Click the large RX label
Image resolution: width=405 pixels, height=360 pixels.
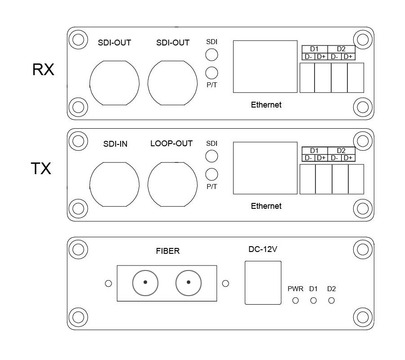click(x=43, y=70)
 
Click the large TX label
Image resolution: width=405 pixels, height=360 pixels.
click(x=41, y=169)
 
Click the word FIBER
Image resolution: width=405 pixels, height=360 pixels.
click(x=167, y=251)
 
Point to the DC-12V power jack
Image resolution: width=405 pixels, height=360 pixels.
click(x=262, y=283)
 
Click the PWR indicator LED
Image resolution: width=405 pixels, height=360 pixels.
click(x=296, y=300)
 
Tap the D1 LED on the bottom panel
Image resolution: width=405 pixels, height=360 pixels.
click(x=314, y=300)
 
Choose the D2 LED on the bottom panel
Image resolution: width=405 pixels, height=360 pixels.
click(x=332, y=300)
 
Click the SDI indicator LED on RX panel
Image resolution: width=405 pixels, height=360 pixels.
click(x=211, y=54)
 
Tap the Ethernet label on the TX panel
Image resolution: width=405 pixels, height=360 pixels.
click(x=266, y=206)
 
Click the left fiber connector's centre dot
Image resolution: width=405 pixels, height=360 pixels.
click(x=145, y=283)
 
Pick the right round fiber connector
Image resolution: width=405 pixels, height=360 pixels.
click(x=189, y=283)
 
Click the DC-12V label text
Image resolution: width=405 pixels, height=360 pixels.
click(x=262, y=249)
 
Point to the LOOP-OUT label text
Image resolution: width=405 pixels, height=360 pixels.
click(x=171, y=144)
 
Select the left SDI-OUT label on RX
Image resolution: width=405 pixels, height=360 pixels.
click(x=114, y=43)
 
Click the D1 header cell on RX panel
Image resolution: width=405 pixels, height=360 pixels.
click(x=314, y=49)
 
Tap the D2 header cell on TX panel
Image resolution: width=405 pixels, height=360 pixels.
click(x=341, y=151)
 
